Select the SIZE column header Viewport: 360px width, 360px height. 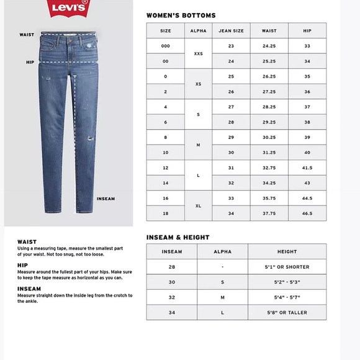point(166,30)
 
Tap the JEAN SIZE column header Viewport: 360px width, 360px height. point(231,30)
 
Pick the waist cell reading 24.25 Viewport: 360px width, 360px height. point(269,46)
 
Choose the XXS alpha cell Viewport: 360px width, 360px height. point(199,53)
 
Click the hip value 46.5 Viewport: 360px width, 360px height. point(307,213)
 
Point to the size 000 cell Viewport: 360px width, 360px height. point(166,46)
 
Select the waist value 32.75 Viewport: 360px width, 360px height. point(269,168)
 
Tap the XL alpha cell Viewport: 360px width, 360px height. point(199,205)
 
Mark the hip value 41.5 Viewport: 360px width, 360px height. point(307,168)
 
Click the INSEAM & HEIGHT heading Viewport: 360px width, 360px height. point(178,237)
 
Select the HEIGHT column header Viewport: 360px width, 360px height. point(287,251)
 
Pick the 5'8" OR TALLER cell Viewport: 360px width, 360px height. point(287,313)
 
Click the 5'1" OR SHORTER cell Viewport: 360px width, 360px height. point(287,267)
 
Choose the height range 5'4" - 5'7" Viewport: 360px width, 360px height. point(287,297)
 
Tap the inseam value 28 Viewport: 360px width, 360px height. point(172,267)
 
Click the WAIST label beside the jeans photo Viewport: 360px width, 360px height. point(26,35)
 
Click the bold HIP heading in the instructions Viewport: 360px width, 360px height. point(22,264)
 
